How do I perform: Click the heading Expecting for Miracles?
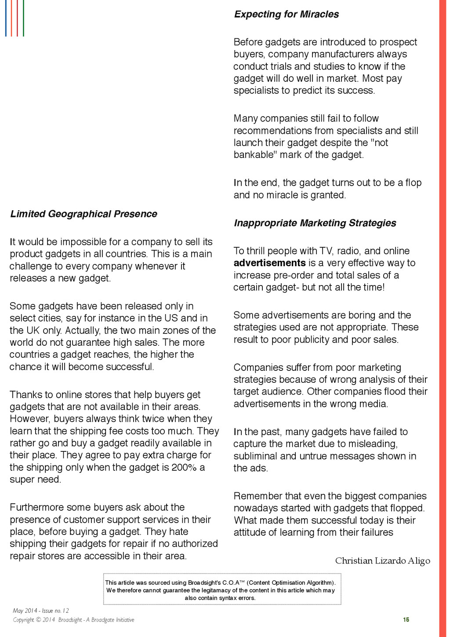286,14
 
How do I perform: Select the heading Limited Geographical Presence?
83,214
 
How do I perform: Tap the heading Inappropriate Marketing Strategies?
315,223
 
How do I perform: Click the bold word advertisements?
269,263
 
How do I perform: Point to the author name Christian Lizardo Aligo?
382,560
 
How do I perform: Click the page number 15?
406,619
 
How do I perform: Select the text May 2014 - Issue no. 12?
41,611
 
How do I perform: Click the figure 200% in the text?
184,467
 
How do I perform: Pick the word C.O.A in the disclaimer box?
233,582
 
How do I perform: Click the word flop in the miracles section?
413,183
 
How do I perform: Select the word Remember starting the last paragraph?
258,496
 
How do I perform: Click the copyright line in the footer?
73,620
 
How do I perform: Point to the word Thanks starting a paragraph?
26,395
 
